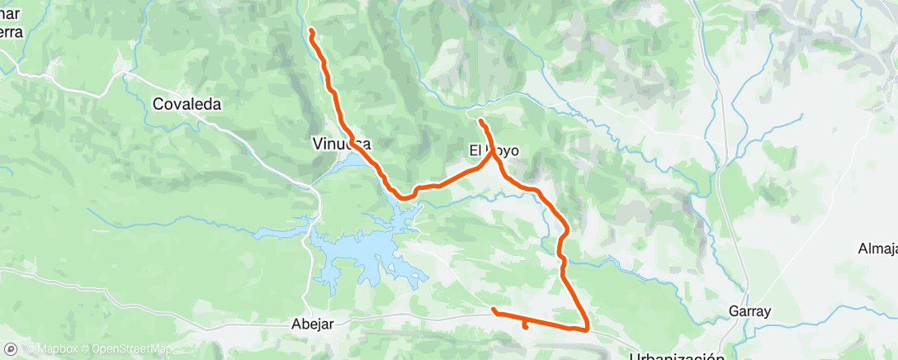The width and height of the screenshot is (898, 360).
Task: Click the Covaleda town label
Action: pos(189,105)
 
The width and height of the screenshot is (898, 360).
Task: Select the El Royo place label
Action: pos(494,152)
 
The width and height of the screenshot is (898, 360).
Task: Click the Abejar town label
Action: pos(313,324)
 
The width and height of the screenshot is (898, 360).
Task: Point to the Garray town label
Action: pos(749,312)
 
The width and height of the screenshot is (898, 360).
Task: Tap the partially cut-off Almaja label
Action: pos(877,249)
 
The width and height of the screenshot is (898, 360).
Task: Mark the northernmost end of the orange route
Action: pos(311,31)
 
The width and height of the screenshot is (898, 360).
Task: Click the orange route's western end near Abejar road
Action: pos(494,310)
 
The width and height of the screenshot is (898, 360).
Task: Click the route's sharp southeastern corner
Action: pos(587,329)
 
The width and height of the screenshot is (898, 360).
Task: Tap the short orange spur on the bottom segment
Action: pos(526,325)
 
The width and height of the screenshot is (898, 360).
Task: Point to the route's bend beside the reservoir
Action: pos(404,197)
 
